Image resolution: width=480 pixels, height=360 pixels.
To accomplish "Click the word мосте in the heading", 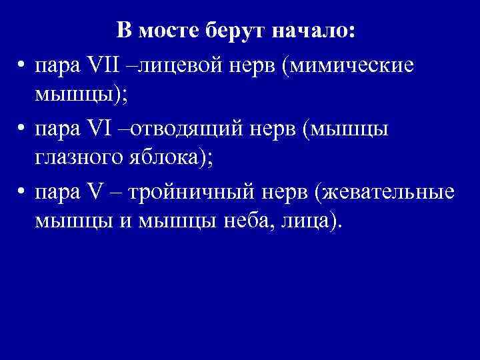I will [164, 31].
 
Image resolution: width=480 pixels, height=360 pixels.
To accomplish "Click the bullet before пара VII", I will [22, 67].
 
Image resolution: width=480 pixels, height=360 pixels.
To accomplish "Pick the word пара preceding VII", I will [56, 68].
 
